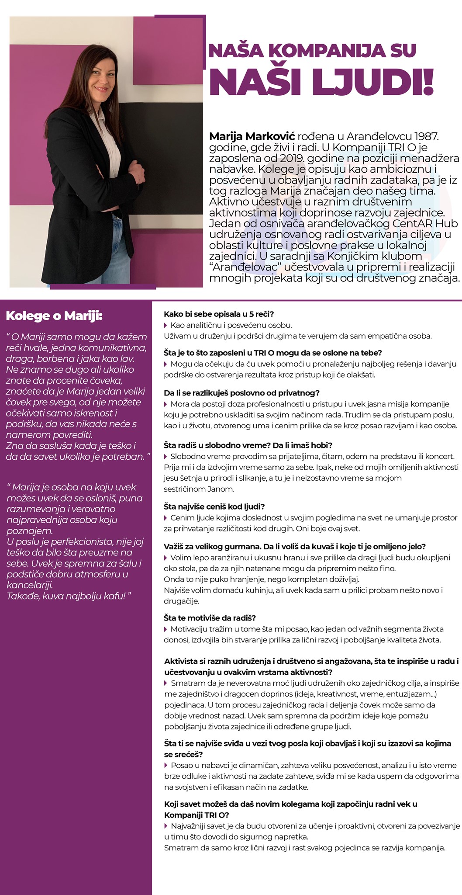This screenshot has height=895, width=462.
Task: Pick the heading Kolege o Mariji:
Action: pos(54,316)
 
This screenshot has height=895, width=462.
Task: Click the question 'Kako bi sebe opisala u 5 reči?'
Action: pos(218,314)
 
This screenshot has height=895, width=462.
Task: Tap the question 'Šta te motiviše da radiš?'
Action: pos(210,617)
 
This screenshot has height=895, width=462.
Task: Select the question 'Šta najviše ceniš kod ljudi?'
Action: pos(214,506)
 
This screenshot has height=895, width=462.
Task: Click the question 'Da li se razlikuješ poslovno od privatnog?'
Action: pos(241,392)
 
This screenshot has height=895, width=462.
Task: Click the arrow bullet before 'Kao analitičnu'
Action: pos(166,325)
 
